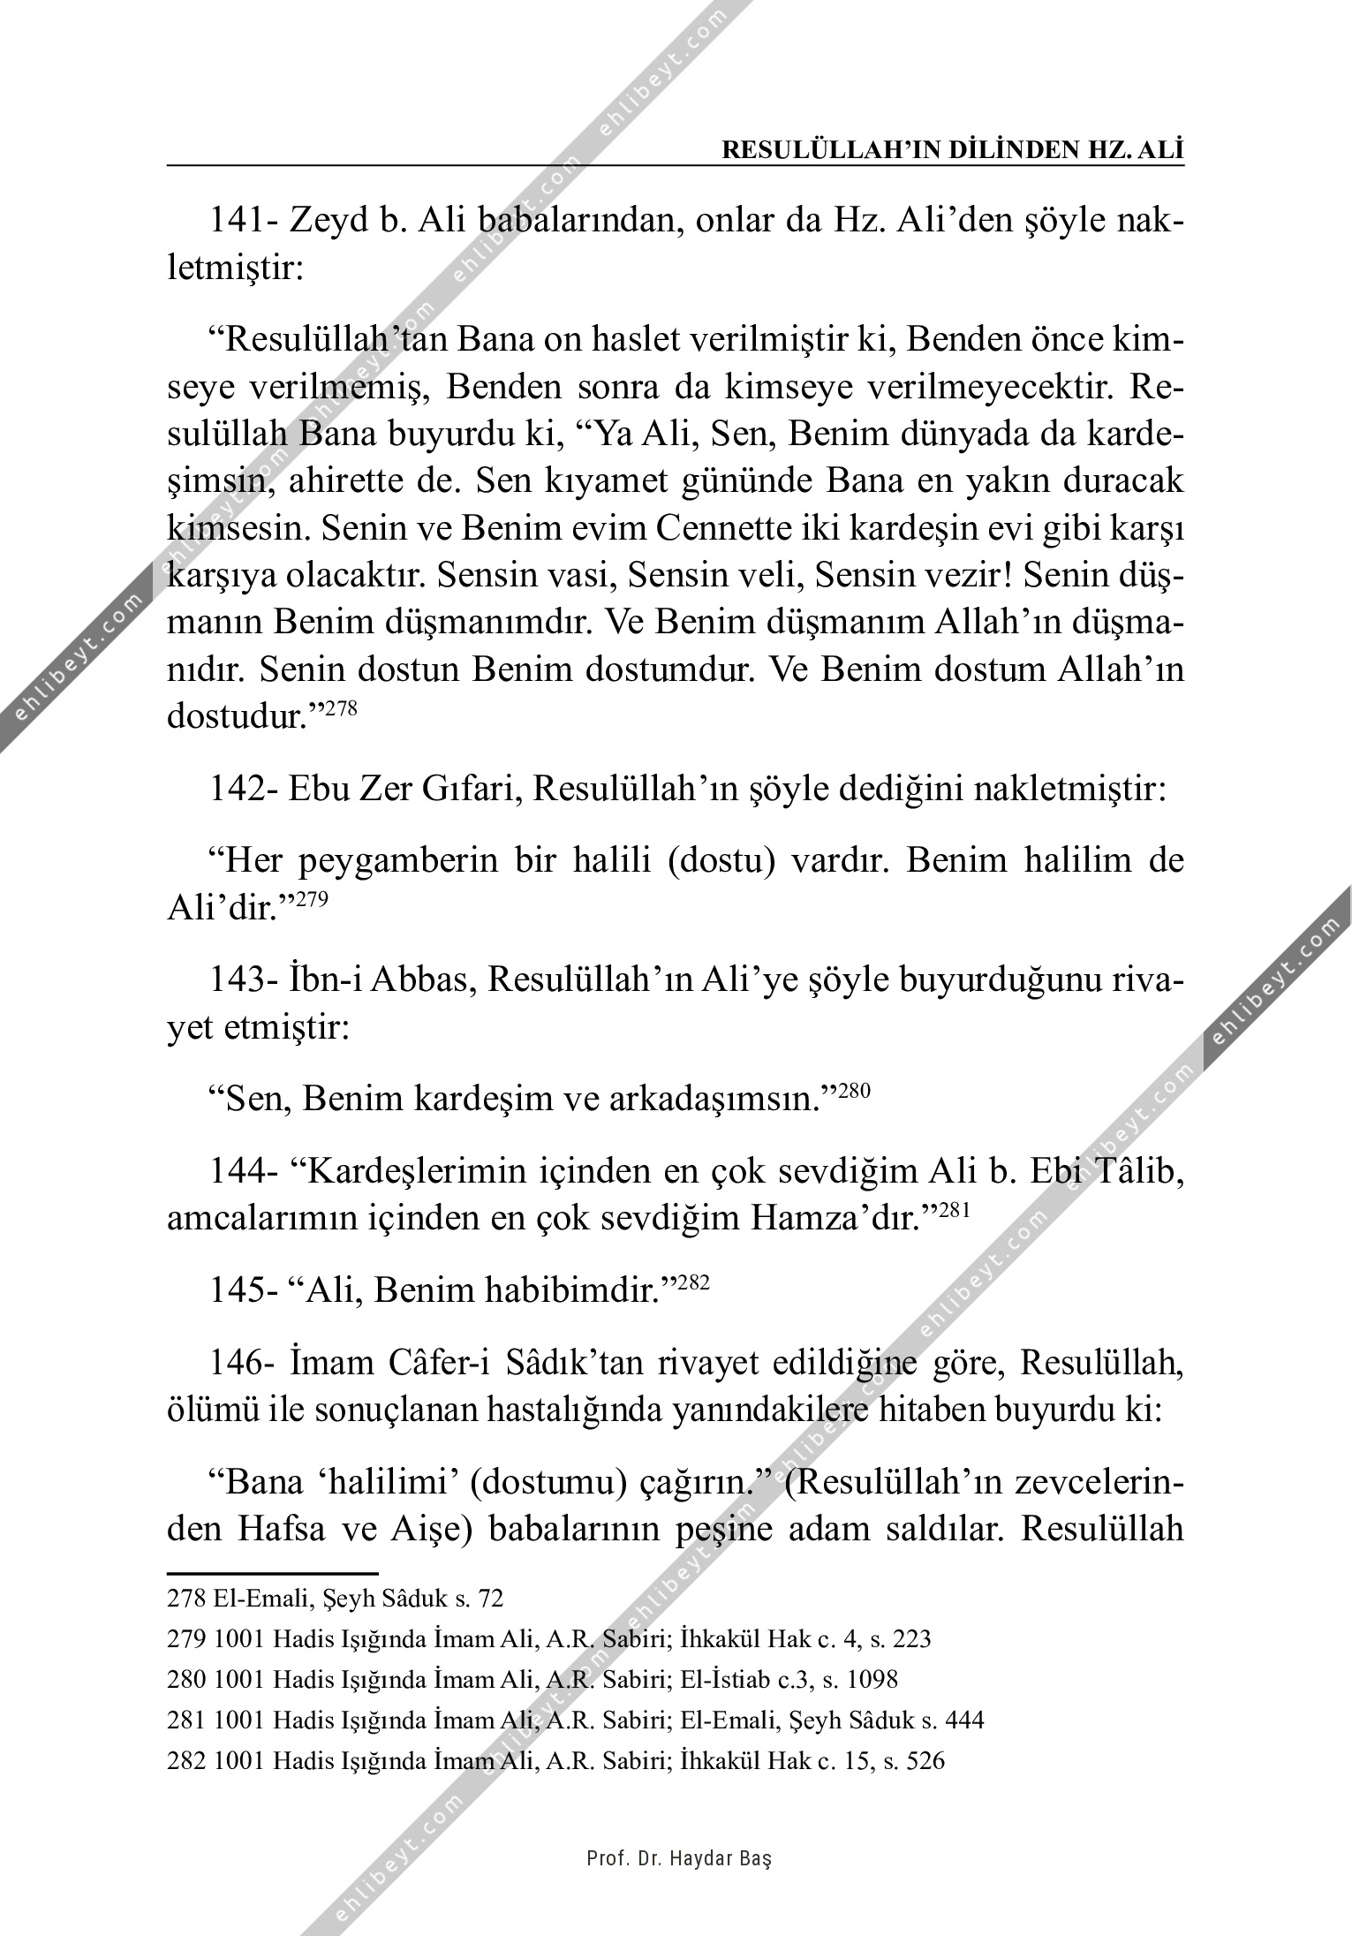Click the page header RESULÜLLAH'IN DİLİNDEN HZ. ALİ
(x=953, y=149)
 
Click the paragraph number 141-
(x=244, y=220)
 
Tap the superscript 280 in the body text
(x=854, y=1091)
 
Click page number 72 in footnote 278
(x=491, y=1598)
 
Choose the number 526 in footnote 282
(x=925, y=1760)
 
